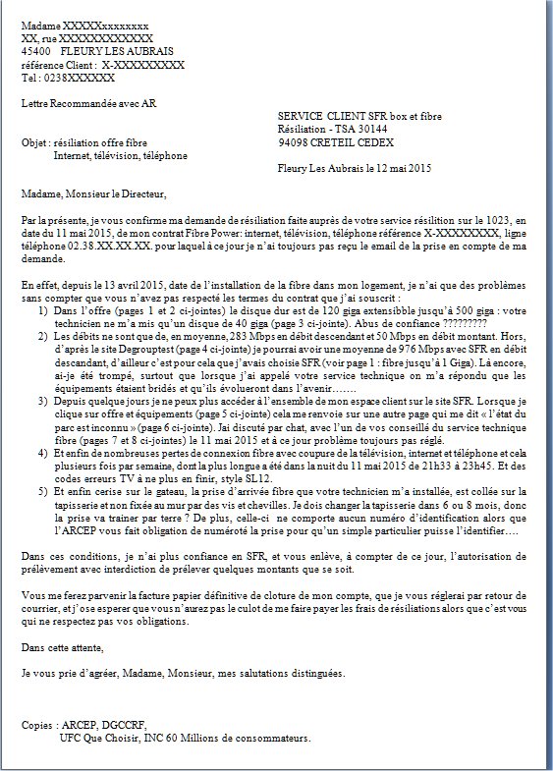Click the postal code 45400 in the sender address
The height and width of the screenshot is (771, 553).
(x=35, y=50)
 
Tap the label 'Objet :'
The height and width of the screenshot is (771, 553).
(x=36, y=142)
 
